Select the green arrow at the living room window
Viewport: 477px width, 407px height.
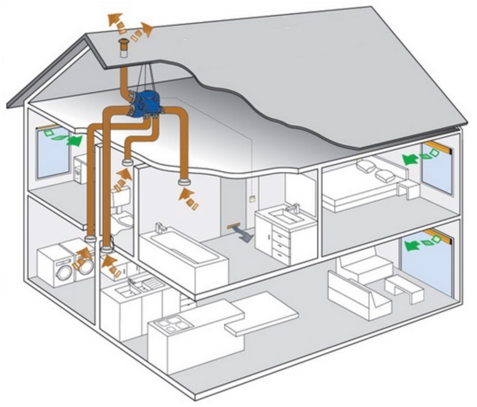(x=413, y=245)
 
